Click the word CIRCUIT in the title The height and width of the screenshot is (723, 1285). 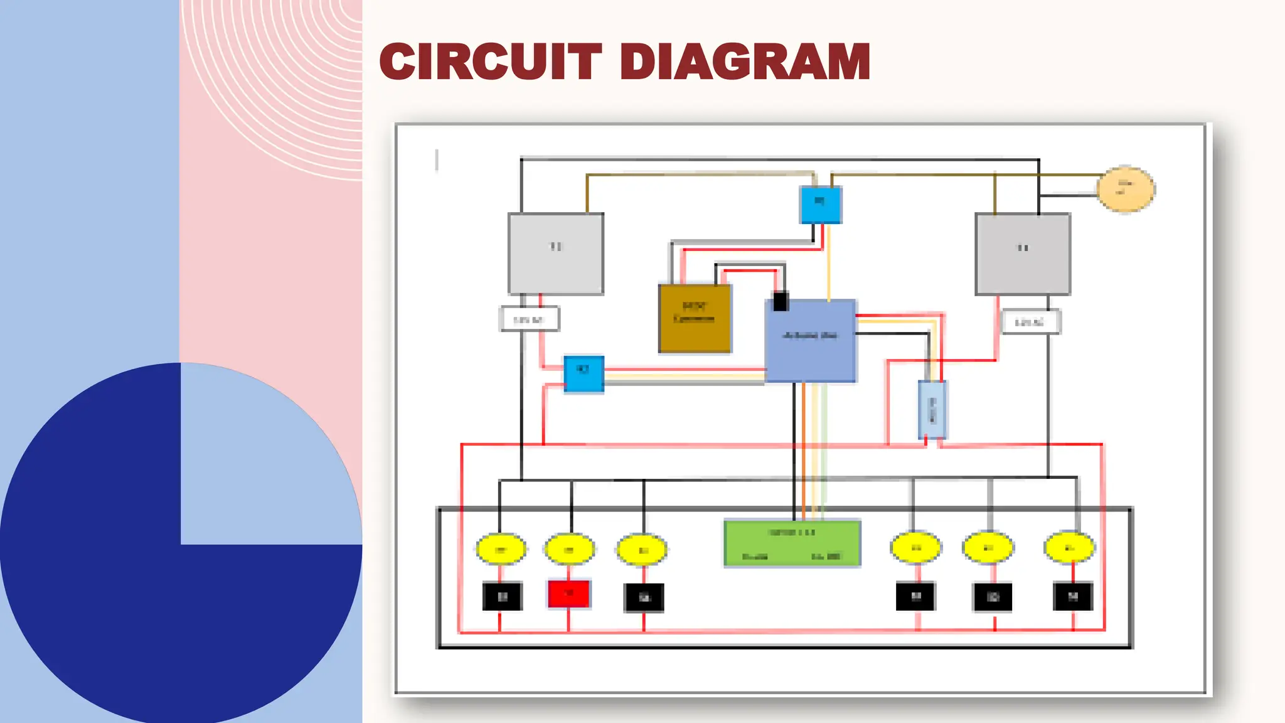491,62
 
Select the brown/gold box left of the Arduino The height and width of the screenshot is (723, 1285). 695,319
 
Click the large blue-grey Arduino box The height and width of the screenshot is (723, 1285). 811,341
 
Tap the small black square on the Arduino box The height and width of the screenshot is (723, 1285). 781,301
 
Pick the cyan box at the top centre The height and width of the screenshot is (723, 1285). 821,205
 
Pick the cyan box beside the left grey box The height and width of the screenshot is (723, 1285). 584,373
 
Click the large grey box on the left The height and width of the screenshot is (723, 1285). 556,254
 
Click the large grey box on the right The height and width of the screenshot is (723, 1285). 1023,254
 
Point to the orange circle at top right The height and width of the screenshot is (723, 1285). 1126,189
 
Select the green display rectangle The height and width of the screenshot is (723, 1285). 792,544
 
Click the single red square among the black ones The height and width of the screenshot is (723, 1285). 568,594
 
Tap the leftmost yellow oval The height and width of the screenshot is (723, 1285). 501,550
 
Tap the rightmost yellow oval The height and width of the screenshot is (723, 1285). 1069,548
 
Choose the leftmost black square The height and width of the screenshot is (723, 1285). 502,596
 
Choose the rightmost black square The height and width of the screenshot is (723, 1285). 1072,596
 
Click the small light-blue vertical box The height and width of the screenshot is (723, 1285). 932,409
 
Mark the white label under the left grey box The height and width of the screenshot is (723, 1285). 530,319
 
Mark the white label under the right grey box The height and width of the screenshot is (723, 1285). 1030,322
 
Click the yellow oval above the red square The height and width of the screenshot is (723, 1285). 569,550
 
